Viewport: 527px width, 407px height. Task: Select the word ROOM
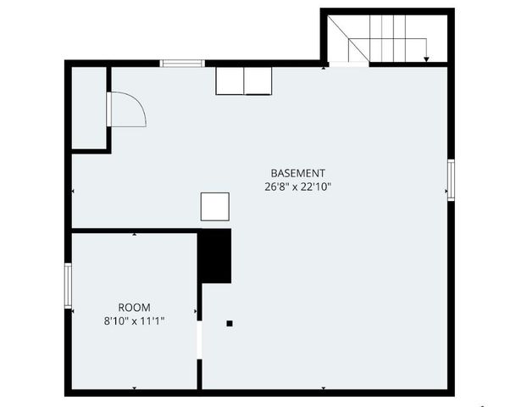134,307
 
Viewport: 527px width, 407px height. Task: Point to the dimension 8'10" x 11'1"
134,321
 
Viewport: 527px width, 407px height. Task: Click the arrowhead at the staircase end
425,59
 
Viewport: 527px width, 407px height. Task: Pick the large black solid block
214,255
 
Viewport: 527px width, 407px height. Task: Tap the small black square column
229,323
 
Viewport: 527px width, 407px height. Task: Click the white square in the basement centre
214,207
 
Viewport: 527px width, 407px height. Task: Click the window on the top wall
182,63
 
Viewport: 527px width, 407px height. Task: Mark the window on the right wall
452,180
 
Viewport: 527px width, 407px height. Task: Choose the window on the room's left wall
68,285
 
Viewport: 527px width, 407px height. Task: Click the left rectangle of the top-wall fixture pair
230,81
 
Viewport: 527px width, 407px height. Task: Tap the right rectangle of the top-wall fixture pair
258,81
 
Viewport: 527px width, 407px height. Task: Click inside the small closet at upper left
88,108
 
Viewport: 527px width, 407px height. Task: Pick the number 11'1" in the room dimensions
153,321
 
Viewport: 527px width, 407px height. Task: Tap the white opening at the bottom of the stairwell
347,64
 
